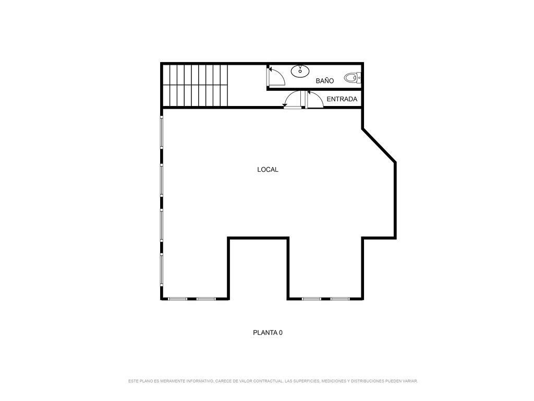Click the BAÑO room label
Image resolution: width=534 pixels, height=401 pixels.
coord(324,81)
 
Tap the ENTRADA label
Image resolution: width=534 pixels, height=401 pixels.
coord(342,99)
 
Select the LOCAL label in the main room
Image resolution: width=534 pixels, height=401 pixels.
coord(268,170)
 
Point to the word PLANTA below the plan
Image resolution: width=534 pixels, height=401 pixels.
coord(265,333)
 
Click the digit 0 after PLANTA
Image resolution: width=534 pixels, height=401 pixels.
coord(281,333)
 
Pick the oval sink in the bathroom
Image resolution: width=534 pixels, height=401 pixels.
coord(300,71)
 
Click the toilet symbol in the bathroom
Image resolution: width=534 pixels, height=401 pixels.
coord(352,78)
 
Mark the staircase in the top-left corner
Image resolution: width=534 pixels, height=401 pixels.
coord(195,85)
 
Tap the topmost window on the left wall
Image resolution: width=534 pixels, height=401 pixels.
coord(162,132)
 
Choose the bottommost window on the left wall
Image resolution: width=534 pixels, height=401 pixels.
coord(162,269)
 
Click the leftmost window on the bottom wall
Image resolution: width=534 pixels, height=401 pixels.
coord(178,299)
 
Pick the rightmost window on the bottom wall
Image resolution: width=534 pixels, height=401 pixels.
coord(340,299)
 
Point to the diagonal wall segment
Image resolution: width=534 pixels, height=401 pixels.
coord(379,145)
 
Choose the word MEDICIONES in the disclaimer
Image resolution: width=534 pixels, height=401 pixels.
coord(333,381)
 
